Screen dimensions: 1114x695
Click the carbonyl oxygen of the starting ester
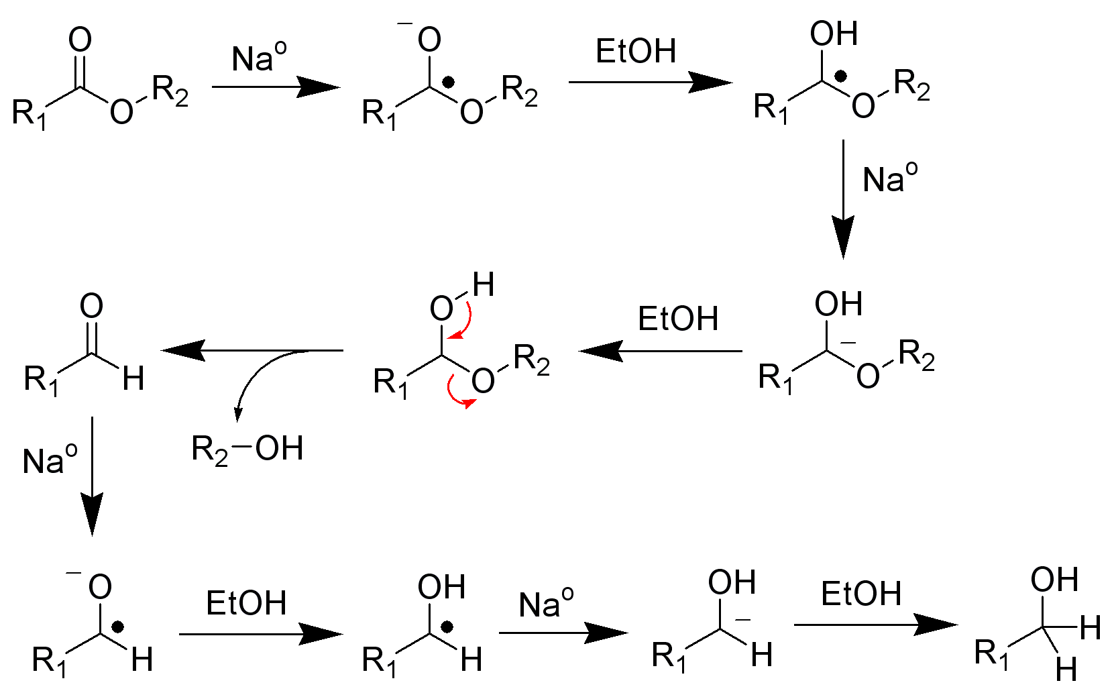click(x=80, y=40)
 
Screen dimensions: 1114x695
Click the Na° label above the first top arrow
click(x=259, y=57)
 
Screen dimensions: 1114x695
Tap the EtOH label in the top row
click(x=636, y=51)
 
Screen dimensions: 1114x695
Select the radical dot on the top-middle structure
click(x=448, y=83)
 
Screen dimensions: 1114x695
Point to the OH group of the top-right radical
click(x=834, y=34)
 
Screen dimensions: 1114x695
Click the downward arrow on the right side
click(x=843, y=199)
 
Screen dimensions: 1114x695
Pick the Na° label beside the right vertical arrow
click(x=890, y=178)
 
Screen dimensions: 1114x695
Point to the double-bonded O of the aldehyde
click(x=91, y=305)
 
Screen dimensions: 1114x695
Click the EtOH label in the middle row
click(x=678, y=319)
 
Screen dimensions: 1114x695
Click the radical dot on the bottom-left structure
click(x=118, y=627)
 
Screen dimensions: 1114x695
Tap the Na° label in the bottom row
click(x=546, y=604)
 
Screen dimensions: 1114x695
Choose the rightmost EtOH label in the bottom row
click(x=861, y=594)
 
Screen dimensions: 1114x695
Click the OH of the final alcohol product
click(x=1054, y=579)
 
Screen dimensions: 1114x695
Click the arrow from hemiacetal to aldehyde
click(x=252, y=350)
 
